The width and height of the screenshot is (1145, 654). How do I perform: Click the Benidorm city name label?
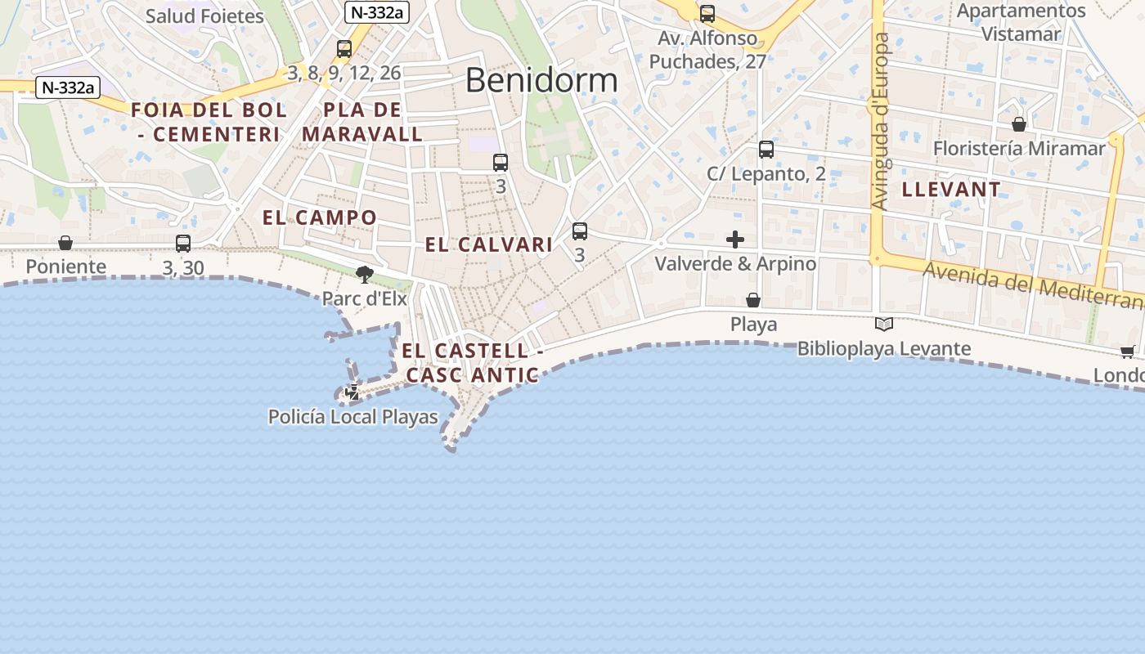click(541, 80)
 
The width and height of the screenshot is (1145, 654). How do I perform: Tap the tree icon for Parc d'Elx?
click(365, 274)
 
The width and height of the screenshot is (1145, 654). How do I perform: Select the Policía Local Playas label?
click(353, 417)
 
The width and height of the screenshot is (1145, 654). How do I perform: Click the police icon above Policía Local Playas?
click(352, 392)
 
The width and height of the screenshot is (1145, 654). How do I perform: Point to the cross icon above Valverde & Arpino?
click(735, 240)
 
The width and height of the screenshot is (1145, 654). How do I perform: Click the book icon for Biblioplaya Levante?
click(883, 325)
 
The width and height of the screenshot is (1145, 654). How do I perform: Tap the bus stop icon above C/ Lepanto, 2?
click(766, 150)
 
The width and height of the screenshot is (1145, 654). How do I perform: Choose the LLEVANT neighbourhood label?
click(951, 190)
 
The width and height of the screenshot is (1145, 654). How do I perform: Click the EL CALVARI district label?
click(489, 244)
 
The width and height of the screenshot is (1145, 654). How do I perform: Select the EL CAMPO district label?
click(320, 217)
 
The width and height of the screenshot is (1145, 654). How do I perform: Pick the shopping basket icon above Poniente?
click(65, 243)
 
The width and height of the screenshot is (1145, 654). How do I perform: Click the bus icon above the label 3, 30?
click(183, 244)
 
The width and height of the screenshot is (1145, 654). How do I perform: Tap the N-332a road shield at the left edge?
click(67, 87)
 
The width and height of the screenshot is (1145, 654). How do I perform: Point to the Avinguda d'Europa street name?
click(880, 123)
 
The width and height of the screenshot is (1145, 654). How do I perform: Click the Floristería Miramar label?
click(1019, 149)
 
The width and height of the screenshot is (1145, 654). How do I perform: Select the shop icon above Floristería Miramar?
click(1019, 124)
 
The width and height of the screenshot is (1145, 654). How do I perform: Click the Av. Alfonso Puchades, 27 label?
click(708, 50)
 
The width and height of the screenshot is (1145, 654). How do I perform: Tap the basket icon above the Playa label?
click(753, 301)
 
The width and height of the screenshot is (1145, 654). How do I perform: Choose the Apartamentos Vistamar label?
click(1021, 22)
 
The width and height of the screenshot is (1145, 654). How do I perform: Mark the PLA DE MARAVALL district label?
click(362, 122)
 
